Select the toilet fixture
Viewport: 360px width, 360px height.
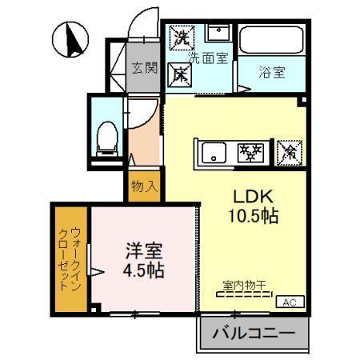click(x=105, y=138)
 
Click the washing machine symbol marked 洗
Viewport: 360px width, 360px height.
click(x=183, y=36)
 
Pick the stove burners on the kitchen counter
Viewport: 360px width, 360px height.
click(x=253, y=152)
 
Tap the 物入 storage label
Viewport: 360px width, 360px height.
click(x=143, y=186)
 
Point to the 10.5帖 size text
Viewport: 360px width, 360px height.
click(x=254, y=215)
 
